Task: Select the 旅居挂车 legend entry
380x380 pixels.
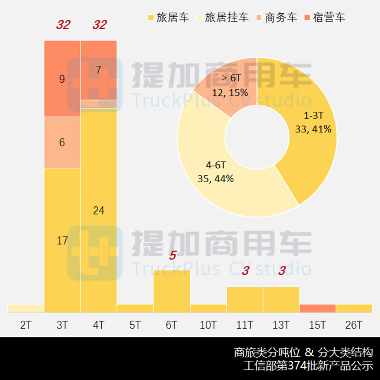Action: click(222, 17)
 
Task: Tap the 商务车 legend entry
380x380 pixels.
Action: click(276, 17)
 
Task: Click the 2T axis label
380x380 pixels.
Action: click(26, 325)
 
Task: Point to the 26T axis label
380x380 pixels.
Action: click(354, 325)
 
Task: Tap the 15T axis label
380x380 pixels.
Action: click(317, 325)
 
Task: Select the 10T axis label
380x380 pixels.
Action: click(208, 325)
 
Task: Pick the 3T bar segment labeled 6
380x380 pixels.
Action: click(62, 142)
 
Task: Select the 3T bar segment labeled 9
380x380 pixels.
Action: click(62, 79)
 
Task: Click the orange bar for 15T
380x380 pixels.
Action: click(317, 308)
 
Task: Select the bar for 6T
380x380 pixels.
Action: click(171, 291)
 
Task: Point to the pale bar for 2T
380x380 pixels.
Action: click(26, 308)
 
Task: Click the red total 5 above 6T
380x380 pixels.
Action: click(172, 255)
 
